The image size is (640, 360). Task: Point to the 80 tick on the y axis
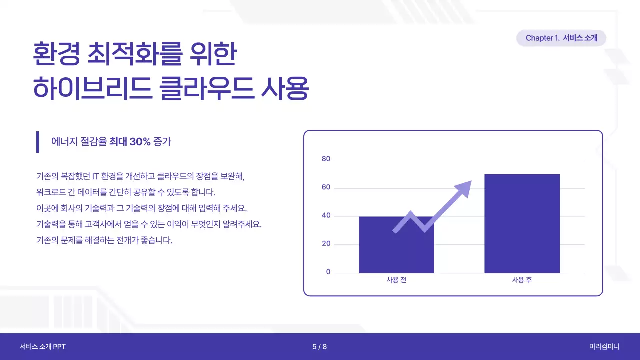[x=326, y=159]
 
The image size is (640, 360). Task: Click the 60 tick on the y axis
[x=326, y=188]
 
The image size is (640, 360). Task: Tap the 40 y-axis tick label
[x=326, y=216]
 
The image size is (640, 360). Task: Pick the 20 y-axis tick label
[x=326, y=244]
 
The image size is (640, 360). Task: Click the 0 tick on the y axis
[x=328, y=272]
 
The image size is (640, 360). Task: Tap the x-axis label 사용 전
[x=396, y=280]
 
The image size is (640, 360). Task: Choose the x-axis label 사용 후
[x=522, y=280]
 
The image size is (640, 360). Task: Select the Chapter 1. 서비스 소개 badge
[x=561, y=38]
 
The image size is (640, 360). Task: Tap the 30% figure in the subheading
[x=140, y=142]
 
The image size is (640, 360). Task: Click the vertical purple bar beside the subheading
[x=37, y=142]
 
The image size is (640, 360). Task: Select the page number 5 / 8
[x=319, y=347]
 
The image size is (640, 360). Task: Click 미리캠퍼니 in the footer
[x=604, y=347]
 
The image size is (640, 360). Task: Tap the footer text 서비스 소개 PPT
[x=43, y=347]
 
